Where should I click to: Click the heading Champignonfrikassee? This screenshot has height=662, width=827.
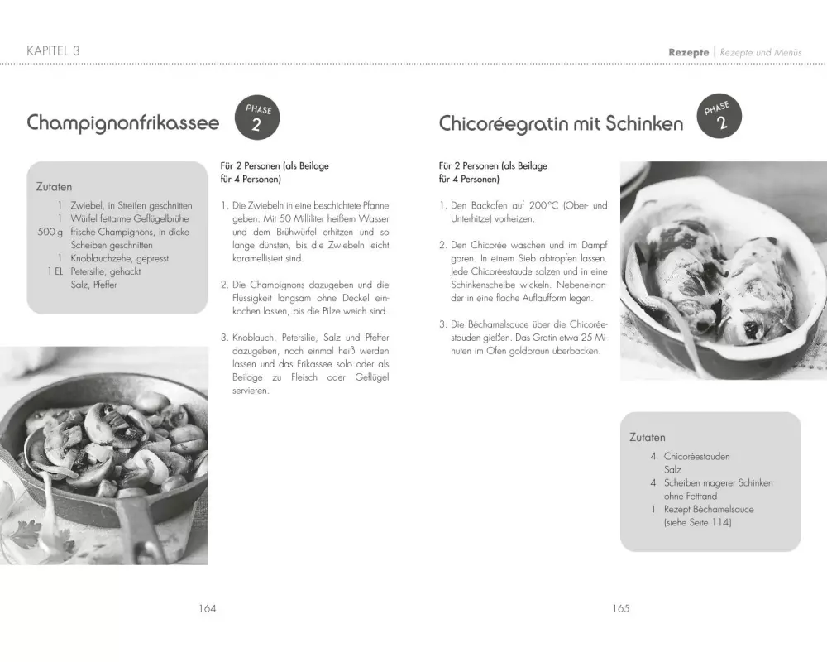point(123,123)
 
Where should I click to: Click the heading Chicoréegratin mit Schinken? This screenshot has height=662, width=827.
point(561,124)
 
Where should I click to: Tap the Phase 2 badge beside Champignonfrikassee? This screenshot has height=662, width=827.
point(256,118)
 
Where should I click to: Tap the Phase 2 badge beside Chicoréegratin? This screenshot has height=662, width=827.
point(719,116)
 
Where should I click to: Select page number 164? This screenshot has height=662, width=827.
point(207,608)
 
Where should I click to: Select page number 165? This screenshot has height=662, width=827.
point(621,608)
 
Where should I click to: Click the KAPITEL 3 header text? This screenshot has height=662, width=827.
point(54,51)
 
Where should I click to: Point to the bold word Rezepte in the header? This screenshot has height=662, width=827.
point(688,52)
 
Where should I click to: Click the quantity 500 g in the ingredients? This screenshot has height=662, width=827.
point(50,233)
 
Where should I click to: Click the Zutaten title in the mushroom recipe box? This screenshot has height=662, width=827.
point(55,187)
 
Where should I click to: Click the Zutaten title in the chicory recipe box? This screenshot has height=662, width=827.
point(648,437)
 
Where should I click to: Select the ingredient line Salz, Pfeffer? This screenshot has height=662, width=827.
point(93,285)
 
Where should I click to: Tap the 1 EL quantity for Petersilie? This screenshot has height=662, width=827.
point(55,272)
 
